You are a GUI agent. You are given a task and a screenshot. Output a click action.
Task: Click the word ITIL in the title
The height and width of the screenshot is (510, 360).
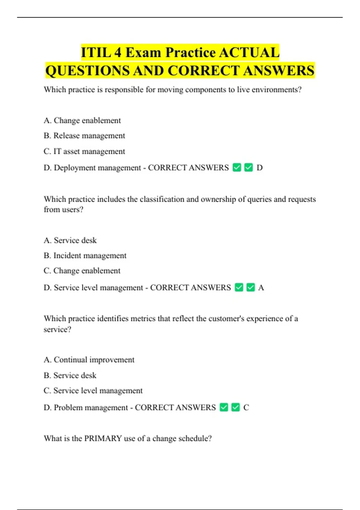[96, 53]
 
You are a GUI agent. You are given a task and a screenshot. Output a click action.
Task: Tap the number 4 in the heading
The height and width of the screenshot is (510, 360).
[118, 53]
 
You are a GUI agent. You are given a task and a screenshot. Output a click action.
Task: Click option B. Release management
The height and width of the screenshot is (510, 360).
[84, 136]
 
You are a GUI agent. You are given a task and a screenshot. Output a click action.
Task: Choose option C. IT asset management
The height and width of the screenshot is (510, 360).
[84, 151]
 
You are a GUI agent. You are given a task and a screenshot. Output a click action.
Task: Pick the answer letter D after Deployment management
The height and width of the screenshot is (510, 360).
[259, 168]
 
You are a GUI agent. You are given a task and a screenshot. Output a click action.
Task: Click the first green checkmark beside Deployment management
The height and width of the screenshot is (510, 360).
[237, 167]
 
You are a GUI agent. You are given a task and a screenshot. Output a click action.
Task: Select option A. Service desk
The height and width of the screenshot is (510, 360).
[70, 240]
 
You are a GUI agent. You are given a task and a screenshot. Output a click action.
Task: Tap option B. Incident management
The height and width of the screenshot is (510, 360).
[85, 256]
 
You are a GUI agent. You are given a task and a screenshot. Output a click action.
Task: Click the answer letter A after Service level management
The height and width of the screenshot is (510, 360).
[261, 288]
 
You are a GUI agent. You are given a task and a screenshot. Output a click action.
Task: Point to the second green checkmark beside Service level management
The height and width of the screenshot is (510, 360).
[250, 287]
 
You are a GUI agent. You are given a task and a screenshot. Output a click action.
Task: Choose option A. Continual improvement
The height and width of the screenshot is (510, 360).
[89, 360]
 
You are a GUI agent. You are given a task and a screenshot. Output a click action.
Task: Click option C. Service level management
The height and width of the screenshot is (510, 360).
[93, 391]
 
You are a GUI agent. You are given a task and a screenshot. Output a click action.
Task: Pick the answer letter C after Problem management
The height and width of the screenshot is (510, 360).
[246, 408]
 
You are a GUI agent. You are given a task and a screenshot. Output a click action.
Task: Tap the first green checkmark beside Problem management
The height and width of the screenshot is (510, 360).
[224, 407]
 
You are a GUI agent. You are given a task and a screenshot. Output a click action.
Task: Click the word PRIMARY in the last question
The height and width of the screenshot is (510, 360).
[103, 439]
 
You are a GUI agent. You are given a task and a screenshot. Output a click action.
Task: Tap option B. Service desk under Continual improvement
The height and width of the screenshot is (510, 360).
[70, 376]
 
